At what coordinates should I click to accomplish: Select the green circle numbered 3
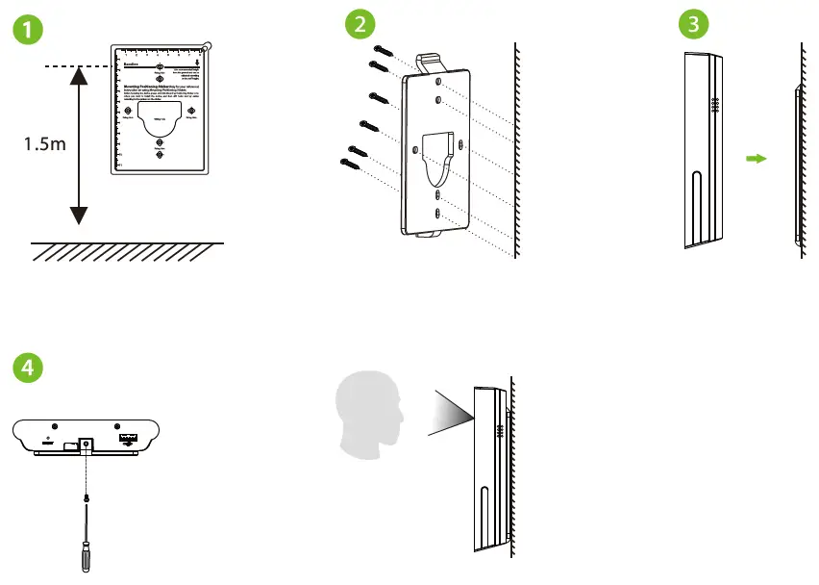click(x=689, y=25)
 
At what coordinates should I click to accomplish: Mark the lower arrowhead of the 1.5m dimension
click(x=79, y=217)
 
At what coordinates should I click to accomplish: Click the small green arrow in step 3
click(x=756, y=159)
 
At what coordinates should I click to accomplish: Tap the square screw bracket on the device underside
click(x=85, y=445)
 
